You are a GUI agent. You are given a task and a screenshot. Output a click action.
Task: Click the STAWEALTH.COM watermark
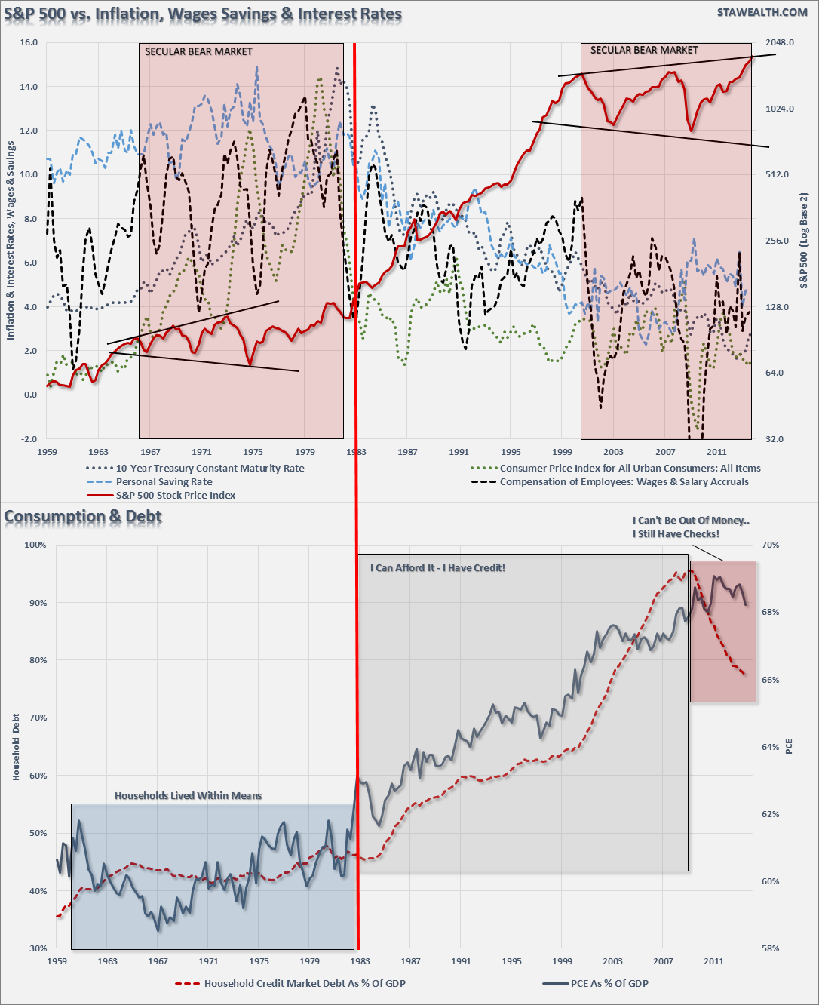(x=762, y=13)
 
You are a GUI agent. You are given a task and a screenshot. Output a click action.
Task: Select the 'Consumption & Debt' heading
(x=83, y=517)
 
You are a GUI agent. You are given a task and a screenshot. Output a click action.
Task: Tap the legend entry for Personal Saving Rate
(x=164, y=481)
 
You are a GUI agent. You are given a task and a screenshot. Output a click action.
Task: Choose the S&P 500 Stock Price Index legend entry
(x=175, y=495)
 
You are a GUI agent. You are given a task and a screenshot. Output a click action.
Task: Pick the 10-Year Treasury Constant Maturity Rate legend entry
(x=210, y=468)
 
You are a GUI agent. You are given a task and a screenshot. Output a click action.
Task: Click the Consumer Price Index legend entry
(x=630, y=468)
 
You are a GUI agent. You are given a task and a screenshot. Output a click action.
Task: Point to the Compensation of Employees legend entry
(x=624, y=481)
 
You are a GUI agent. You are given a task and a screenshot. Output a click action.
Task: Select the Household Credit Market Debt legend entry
(x=305, y=983)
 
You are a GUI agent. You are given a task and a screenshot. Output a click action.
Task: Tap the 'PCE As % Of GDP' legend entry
(x=609, y=983)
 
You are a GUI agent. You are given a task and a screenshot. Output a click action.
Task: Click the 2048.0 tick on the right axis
(x=780, y=42)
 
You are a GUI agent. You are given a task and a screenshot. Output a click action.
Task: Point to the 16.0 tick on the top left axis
(x=29, y=42)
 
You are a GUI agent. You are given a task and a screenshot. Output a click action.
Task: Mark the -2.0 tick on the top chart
(x=29, y=439)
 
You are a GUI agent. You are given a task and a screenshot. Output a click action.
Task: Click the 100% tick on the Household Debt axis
(x=35, y=545)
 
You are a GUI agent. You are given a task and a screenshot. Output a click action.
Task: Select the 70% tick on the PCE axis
(x=770, y=545)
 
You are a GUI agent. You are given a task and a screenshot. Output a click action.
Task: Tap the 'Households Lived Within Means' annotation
(x=188, y=795)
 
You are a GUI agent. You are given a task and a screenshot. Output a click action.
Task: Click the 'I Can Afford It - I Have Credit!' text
(x=437, y=567)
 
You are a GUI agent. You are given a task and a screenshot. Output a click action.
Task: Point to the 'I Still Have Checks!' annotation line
(x=676, y=533)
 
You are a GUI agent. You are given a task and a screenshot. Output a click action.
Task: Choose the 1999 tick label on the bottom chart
(x=562, y=961)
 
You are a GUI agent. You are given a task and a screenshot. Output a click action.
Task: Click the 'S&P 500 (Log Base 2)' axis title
(x=804, y=241)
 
